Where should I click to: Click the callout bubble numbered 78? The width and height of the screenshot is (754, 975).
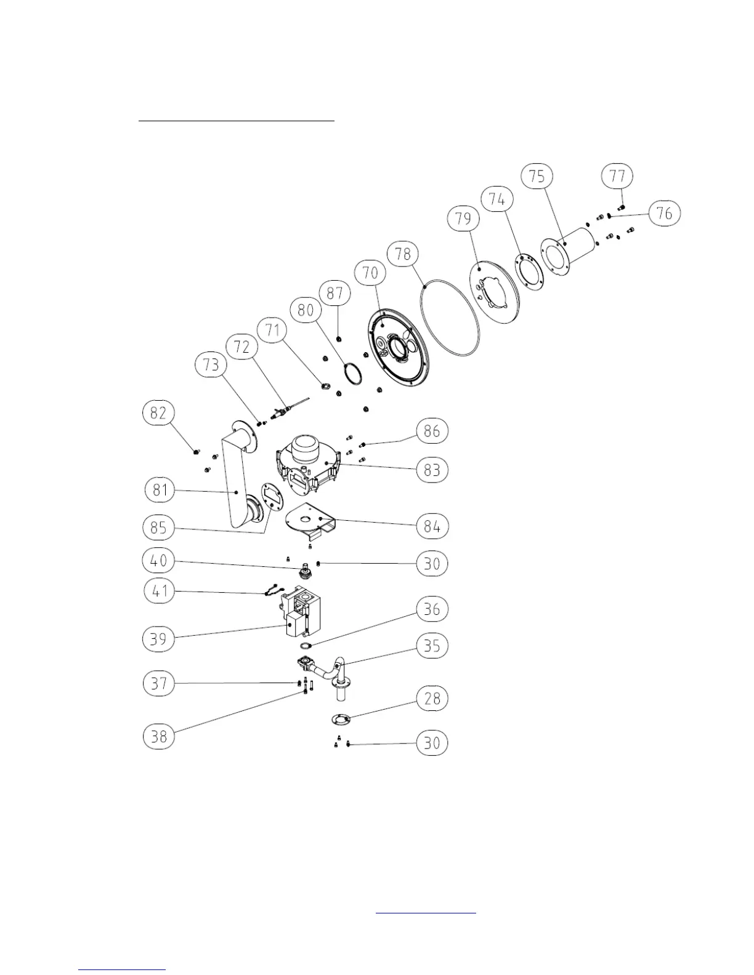tap(403, 254)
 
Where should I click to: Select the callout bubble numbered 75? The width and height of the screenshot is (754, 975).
tap(537, 177)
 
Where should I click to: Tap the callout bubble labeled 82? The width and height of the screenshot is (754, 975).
tap(159, 412)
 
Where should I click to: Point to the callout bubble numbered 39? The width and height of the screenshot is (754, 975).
tap(159, 638)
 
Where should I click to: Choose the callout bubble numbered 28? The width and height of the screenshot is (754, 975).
tap(432, 699)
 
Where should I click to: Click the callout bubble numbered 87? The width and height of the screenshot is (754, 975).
tap(334, 292)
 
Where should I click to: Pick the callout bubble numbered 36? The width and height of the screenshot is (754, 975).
tap(432, 609)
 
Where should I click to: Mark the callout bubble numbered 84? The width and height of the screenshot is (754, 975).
tap(432, 527)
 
